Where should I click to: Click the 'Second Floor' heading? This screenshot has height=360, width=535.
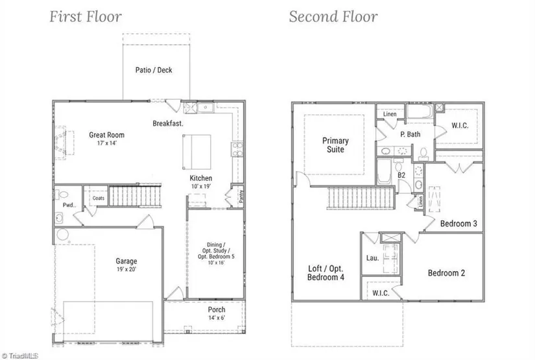(333, 16)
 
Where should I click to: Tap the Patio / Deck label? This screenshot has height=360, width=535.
(154, 70)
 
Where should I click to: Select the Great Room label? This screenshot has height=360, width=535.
(106, 135)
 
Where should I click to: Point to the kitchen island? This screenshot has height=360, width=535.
(197, 150)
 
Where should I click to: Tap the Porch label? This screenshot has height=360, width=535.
(217, 309)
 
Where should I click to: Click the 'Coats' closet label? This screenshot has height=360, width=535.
(99, 198)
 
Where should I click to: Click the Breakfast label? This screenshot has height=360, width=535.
(168, 123)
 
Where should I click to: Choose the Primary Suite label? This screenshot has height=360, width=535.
(335, 145)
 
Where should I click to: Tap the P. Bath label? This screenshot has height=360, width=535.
(410, 134)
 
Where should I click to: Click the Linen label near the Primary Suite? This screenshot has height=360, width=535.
(390, 114)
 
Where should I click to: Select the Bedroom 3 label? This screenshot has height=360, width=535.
(458, 224)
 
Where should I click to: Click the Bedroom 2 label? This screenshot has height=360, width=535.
(446, 273)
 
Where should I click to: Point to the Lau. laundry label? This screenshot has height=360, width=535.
(372, 258)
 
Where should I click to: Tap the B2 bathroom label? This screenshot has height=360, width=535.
(401, 175)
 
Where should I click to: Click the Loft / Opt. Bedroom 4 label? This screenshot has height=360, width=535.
(326, 272)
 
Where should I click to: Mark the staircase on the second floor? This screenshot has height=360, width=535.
(359, 197)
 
